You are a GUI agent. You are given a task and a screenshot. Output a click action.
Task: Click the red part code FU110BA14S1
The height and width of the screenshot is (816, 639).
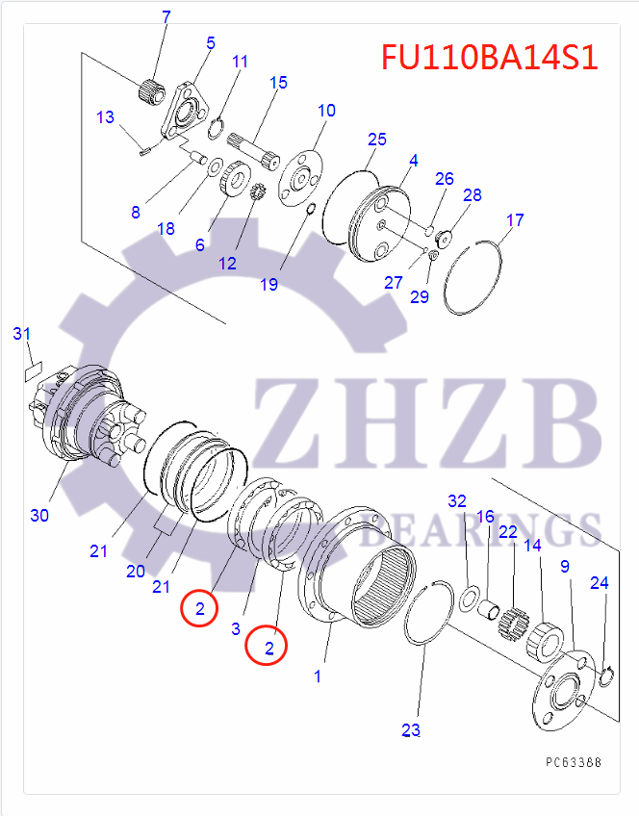click(x=489, y=57)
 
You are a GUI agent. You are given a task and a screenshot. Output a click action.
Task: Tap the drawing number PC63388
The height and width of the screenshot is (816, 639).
click(x=574, y=762)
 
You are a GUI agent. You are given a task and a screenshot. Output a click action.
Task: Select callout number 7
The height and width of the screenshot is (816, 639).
click(x=166, y=17)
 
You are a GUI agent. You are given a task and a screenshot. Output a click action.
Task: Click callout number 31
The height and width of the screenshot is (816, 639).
click(x=22, y=334)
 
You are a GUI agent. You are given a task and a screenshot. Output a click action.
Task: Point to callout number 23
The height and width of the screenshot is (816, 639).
click(x=411, y=730)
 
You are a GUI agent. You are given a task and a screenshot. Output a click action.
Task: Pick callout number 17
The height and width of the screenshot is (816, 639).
click(x=515, y=220)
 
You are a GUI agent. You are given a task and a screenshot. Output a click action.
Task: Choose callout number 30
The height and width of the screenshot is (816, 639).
click(x=39, y=515)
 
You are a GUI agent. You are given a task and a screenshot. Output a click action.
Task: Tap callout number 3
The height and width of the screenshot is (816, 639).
click(x=236, y=628)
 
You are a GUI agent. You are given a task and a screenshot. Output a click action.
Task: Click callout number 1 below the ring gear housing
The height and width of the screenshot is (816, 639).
click(x=318, y=676)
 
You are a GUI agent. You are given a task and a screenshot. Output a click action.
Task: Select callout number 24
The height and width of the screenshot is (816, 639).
click(x=600, y=583)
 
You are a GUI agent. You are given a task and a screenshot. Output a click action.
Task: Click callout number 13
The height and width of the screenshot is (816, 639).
click(x=105, y=117)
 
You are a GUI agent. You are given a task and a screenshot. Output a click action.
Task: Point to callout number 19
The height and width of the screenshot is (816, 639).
click(x=269, y=285)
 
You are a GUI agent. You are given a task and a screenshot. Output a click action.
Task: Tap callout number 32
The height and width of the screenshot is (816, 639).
click(x=457, y=501)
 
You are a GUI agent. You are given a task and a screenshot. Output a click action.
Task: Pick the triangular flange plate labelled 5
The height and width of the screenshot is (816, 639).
click(x=184, y=111)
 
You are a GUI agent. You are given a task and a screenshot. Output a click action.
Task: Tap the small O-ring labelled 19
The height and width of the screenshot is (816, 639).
click(x=310, y=209)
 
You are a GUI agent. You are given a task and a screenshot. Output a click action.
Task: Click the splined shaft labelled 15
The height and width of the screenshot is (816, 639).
click(x=254, y=150)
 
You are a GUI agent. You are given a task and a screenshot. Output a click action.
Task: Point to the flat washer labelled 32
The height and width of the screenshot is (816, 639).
click(x=472, y=597)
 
